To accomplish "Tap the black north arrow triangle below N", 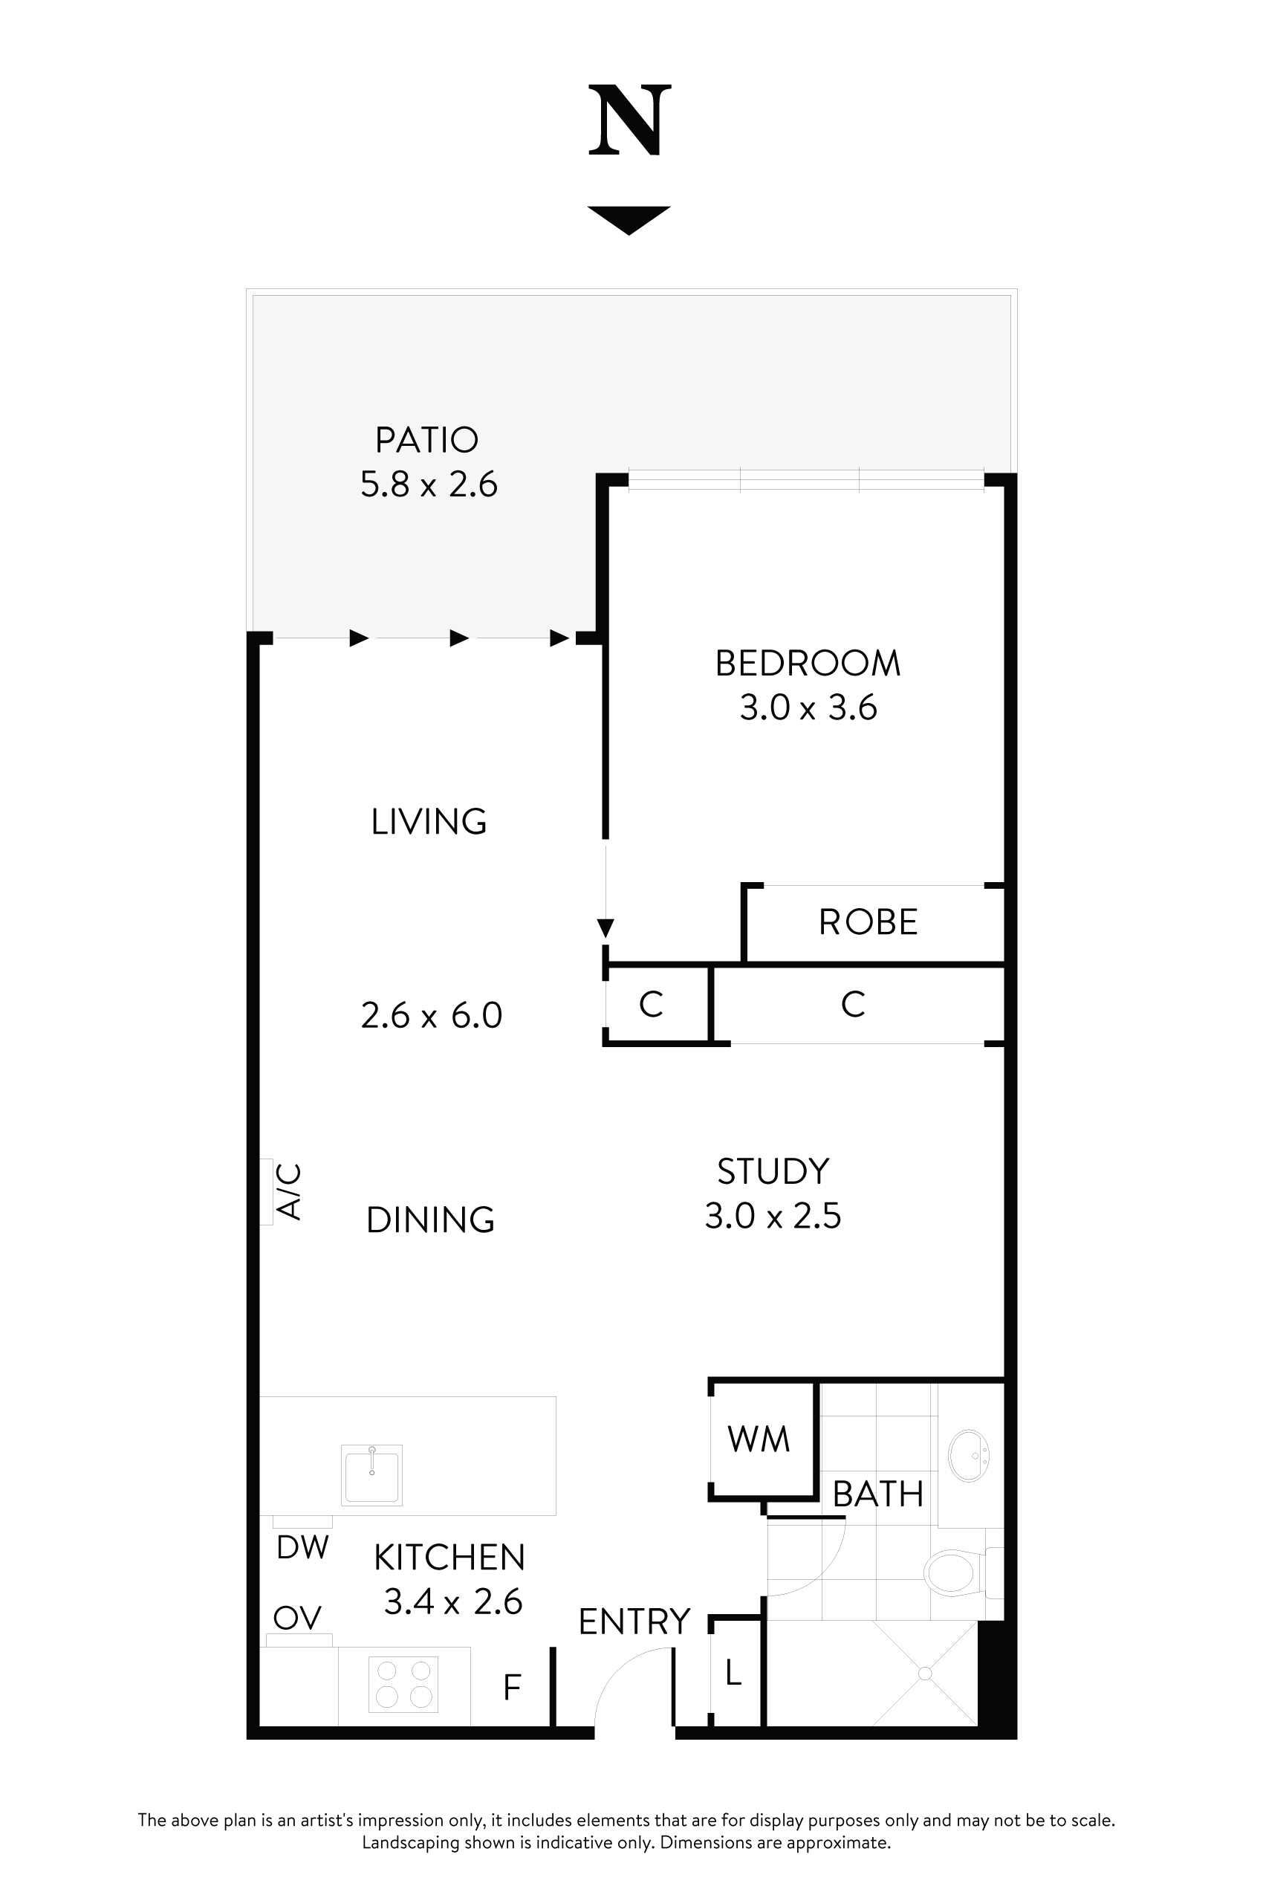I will coord(629,218).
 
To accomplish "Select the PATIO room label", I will coord(427,440).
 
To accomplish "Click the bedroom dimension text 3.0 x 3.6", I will coord(808,707).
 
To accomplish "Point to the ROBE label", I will coord(868,921).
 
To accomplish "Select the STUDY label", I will coord(773,1170).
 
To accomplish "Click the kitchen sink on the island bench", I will coord(371,1474).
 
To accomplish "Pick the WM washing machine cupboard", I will coord(759,1439).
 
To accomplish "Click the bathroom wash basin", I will coord(968,1456).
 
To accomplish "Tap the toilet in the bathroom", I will coord(953,1572).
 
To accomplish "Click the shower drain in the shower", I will coord(925,1674).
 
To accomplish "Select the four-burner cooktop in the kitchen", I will coord(403,1684).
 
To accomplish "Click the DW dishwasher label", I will coord(302,1547).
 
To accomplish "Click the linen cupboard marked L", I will coord(733,1674).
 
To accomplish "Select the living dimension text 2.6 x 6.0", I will coord(431,1015).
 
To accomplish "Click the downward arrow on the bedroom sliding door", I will coord(605,928).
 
